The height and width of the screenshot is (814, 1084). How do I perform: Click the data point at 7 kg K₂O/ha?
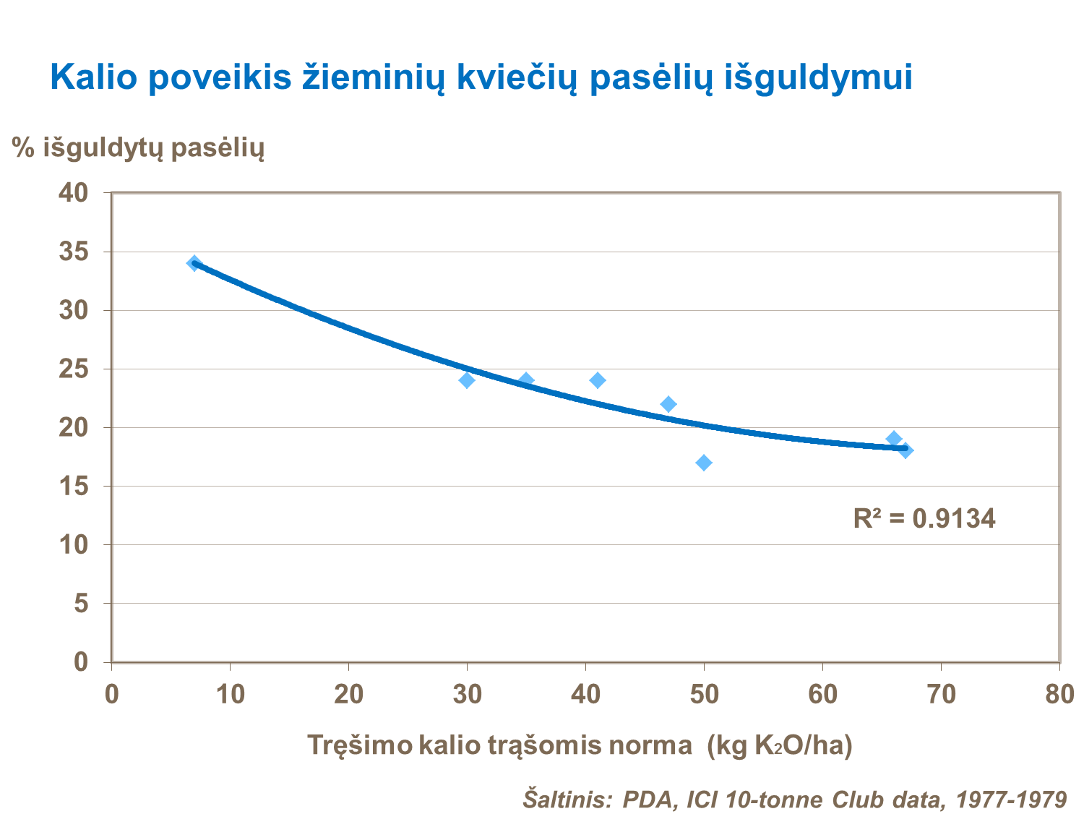point(194,263)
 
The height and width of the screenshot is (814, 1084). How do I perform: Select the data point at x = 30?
point(467,380)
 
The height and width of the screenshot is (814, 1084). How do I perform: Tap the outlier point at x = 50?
point(704,463)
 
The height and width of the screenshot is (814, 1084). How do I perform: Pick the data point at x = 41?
point(598,380)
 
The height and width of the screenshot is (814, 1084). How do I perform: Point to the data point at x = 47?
point(668,404)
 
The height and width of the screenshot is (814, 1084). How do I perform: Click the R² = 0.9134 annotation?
point(924,518)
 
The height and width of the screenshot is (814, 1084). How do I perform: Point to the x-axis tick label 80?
point(1059,695)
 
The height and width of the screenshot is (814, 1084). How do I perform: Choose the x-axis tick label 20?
point(348,695)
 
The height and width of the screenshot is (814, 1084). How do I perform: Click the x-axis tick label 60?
point(822,695)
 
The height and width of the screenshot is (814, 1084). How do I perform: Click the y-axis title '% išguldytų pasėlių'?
point(138,148)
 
